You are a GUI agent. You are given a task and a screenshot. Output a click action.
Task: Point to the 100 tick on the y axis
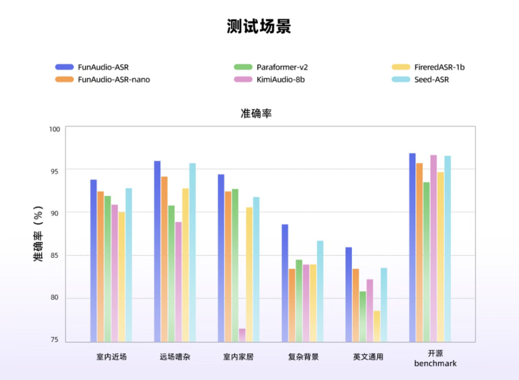click(x=54, y=129)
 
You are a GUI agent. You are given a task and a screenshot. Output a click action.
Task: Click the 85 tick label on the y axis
click(x=54, y=255)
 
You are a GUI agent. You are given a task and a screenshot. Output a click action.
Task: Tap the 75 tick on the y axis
click(x=54, y=340)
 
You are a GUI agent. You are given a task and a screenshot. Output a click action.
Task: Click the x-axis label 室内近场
click(x=111, y=357)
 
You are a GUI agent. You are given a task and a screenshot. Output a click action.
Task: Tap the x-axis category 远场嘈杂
click(x=175, y=357)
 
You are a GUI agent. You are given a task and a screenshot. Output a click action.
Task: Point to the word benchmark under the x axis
click(x=435, y=364)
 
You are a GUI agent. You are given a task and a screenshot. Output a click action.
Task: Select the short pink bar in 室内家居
click(x=242, y=335)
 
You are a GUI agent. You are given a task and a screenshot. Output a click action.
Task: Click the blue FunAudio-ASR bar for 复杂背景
click(x=285, y=284)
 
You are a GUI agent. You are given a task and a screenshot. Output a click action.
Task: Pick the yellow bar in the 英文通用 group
click(x=377, y=327)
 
